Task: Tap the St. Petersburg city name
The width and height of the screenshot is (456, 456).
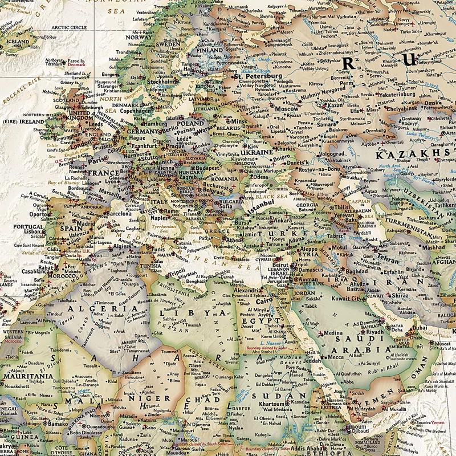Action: pyautogui.click(x=258, y=75)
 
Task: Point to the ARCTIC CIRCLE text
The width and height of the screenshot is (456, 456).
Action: pyautogui.click(x=68, y=26)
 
